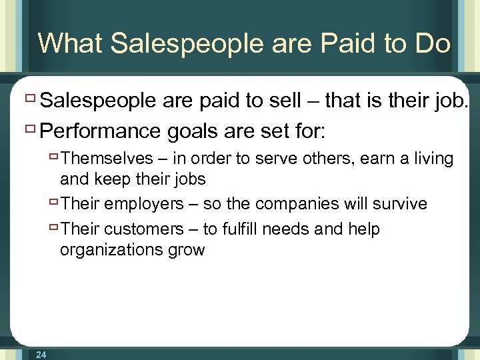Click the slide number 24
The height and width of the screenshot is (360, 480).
tap(41, 355)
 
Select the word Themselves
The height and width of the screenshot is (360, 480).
tap(107, 159)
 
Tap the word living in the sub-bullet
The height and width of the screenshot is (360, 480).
tap(431, 159)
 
